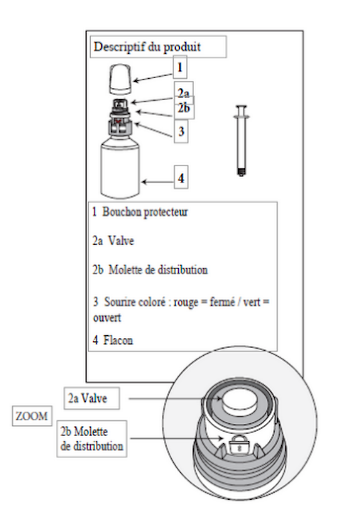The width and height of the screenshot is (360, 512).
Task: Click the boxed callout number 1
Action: pos(179,69)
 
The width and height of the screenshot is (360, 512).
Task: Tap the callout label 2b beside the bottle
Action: pos(184,107)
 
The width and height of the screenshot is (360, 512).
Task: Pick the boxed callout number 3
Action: pos(181,130)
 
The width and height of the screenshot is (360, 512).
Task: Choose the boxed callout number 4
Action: pos(181,179)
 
